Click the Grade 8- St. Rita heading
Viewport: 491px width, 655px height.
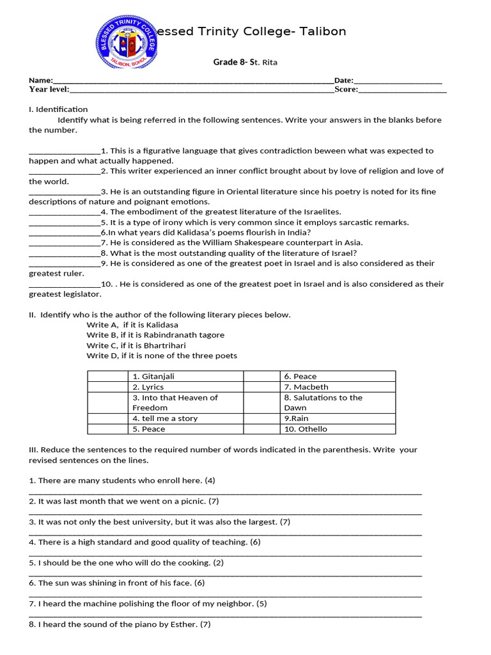click(245, 62)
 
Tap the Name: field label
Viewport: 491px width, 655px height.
click(40, 80)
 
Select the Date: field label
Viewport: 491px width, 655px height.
click(343, 80)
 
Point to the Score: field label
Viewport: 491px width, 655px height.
click(346, 90)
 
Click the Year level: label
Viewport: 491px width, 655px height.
click(49, 90)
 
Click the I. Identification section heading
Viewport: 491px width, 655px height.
click(58, 109)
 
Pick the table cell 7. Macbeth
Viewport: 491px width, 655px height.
click(306, 387)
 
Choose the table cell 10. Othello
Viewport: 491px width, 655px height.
click(306, 429)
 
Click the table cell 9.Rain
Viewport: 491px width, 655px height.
click(296, 418)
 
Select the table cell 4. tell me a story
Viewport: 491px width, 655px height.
click(165, 418)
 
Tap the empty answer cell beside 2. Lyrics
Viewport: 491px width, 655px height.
click(107, 387)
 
